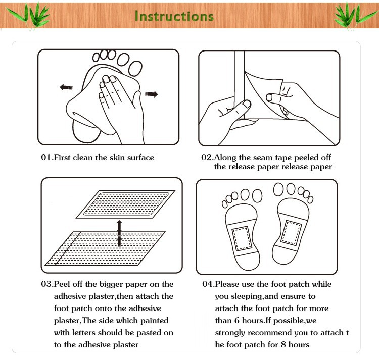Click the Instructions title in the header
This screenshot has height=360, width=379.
click(174, 16)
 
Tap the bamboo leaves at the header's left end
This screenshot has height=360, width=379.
click(29, 15)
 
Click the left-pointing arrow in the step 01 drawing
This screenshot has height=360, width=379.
click(66, 87)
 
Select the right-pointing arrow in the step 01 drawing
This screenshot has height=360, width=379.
click(151, 94)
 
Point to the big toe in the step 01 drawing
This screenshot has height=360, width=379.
click(135, 68)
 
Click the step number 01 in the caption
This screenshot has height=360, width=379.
click(46, 157)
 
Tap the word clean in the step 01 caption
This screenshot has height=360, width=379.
click(83, 157)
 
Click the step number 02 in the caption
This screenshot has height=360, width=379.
click(206, 157)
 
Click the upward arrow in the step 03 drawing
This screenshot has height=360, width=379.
click(119, 233)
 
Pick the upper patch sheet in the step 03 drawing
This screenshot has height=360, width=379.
click(126, 204)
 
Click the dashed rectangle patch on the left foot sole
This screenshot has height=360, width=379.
click(241, 238)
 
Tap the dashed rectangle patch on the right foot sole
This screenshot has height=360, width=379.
click(292, 232)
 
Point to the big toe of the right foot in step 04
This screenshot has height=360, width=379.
click(278, 189)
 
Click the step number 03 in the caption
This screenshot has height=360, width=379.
click(46, 284)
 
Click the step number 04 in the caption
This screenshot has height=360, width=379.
click(207, 284)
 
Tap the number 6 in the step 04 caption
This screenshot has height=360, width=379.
click(236, 321)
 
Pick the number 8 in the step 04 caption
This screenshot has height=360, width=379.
click(283, 344)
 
